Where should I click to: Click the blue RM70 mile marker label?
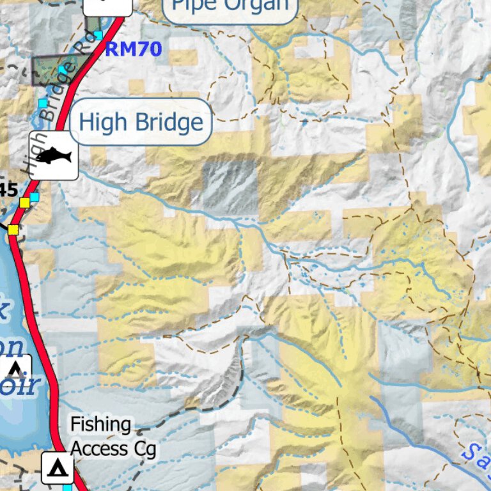(133, 49)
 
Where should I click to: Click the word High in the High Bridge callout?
(103, 121)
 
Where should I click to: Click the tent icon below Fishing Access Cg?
(58, 468)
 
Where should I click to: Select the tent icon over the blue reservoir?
(15, 369)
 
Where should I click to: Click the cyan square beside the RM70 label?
(98, 34)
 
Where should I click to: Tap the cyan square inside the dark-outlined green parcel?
(62, 69)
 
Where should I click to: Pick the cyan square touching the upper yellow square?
(34, 197)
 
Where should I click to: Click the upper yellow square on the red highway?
(25, 203)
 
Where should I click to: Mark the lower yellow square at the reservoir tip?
(13, 229)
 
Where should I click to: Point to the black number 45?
(8, 189)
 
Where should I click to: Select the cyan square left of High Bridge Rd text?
(42, 103)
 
